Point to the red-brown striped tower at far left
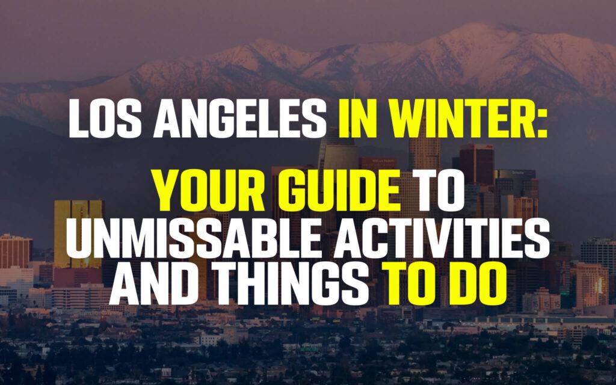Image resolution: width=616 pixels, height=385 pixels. point(16,251)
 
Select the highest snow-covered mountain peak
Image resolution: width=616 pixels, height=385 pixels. point(473,28)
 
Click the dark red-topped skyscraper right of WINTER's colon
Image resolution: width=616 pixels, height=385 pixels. point(476,164)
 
